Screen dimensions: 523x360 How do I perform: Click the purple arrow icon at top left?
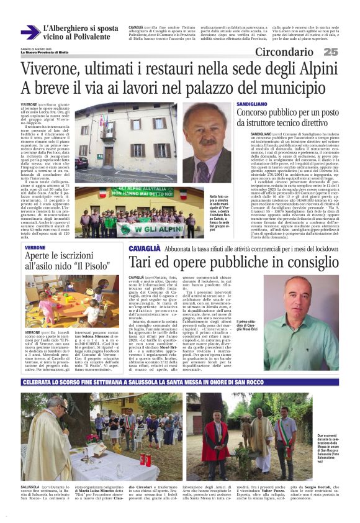(29, 32)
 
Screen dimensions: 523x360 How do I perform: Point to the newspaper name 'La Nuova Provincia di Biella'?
(49, 52)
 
